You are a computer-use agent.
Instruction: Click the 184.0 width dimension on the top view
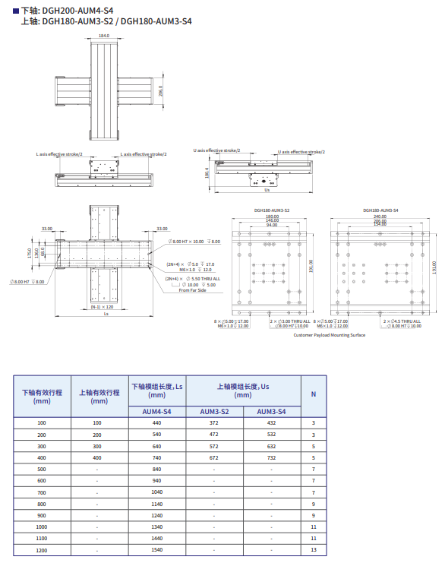pos(104,36)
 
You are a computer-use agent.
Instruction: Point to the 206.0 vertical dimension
pos(160,90)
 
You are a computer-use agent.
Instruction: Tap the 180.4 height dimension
pos(207,172)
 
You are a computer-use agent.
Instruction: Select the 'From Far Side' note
pos(194,290)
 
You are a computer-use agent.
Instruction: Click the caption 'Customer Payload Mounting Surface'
pos(329,334)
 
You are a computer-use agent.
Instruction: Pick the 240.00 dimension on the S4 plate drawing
pos(380,217)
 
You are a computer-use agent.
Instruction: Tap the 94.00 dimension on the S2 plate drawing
pos(271,226)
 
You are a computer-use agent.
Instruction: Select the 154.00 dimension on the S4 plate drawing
pos(380,226)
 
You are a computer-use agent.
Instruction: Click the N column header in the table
pos(314,393)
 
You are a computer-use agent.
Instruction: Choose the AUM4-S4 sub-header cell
pos(157,411)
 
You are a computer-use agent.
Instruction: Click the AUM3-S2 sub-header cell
pos(214,411)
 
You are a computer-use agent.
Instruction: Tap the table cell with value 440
pos(157,422)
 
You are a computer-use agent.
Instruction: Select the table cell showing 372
pos(214,422)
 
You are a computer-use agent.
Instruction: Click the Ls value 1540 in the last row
pos(157,549)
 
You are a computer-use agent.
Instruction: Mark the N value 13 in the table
pos(314,549)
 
